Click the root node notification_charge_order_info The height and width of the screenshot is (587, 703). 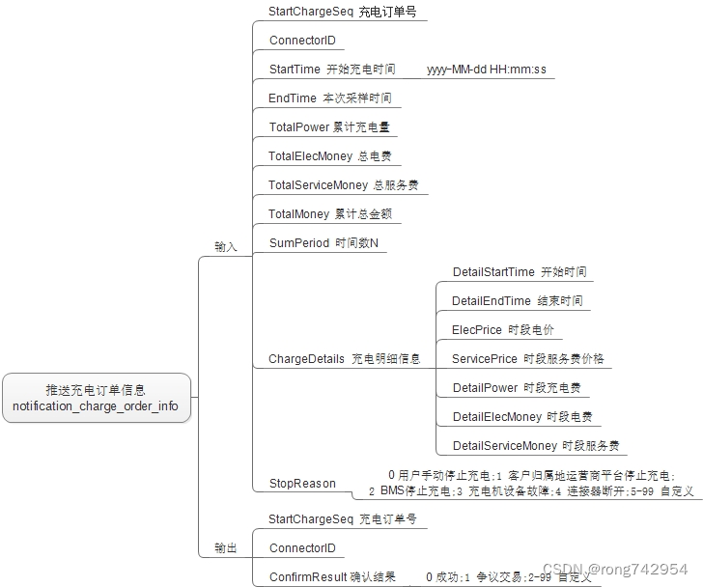click(96, 398)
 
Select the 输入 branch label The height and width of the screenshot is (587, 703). click(225, 247)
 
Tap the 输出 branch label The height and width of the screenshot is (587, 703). click(225, 548)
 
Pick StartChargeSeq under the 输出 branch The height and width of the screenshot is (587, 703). click(343, 519)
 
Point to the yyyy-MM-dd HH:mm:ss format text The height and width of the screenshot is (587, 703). click(486, 70)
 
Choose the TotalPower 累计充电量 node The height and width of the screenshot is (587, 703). click(329, 127)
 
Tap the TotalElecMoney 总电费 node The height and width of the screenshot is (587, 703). click(329, 156)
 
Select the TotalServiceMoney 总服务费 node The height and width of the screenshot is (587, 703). click(343, 185)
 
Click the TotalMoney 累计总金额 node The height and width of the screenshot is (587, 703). click(329, 214)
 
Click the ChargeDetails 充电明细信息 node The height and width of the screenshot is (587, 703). click(344, 359)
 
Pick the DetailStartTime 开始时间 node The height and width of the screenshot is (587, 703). click(519, 272)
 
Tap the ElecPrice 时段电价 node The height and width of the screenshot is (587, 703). click(503, 330)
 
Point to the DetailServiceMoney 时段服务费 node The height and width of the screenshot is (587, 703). click(535, 446)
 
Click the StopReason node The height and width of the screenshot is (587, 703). click(302, 484)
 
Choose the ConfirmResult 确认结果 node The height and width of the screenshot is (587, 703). click(331, 577)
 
